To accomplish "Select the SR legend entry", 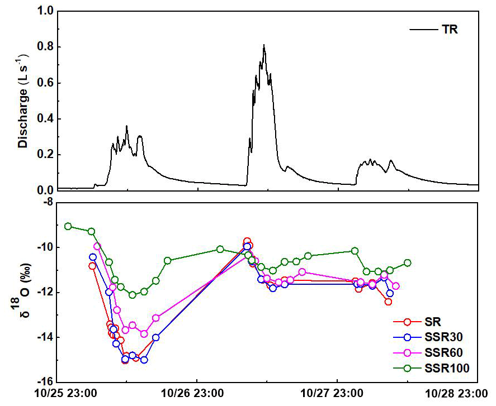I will click(x=432, y=322).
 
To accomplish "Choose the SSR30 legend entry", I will click(x=445, y=337).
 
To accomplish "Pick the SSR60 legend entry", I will click(x=445, y=353).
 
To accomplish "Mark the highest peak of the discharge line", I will click(x=264, y=45).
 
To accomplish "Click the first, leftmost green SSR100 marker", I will click(x=68, y=226).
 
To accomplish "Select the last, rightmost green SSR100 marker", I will click(x=407, y=262).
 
